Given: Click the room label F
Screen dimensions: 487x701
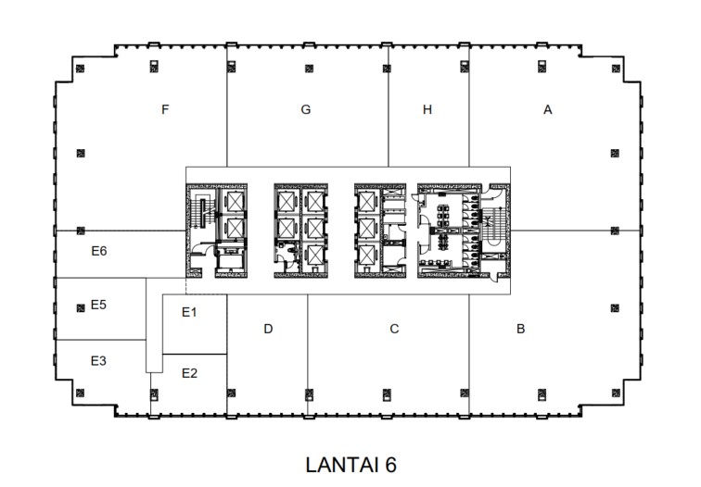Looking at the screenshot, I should pyautogui.click(x=164, y=109).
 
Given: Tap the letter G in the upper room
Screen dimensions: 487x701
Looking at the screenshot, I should pyautogui.click(x=305, y=109).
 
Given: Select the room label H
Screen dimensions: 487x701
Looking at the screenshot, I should pyautogui.click(x=427, y=109).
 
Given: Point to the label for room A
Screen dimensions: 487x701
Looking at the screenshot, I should pyautogui.click(x=548, y=109).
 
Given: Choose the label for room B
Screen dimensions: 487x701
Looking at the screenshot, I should pyautogui.click(x=521, y=329).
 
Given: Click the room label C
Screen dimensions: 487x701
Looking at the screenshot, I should pyautogui.click(x=394, y=329).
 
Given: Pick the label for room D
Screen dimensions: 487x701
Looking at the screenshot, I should pyautogui.click(x=268, y=329).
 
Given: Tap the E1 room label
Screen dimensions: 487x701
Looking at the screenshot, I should pyautogui.click(x=189, y=312).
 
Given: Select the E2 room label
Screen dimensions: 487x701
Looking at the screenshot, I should pyautogui.click(x=189, y=373).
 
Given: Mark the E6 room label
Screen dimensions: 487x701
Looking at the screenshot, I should pyautogui.click(x=99, y=250).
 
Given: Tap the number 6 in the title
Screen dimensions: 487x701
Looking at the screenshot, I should pyautogui.click(x=390, y=464).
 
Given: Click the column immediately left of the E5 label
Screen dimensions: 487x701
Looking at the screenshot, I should pyautogui.click(x=81, y=305).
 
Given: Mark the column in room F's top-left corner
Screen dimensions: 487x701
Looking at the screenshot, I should pyautogui.click(x=81, y=67).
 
